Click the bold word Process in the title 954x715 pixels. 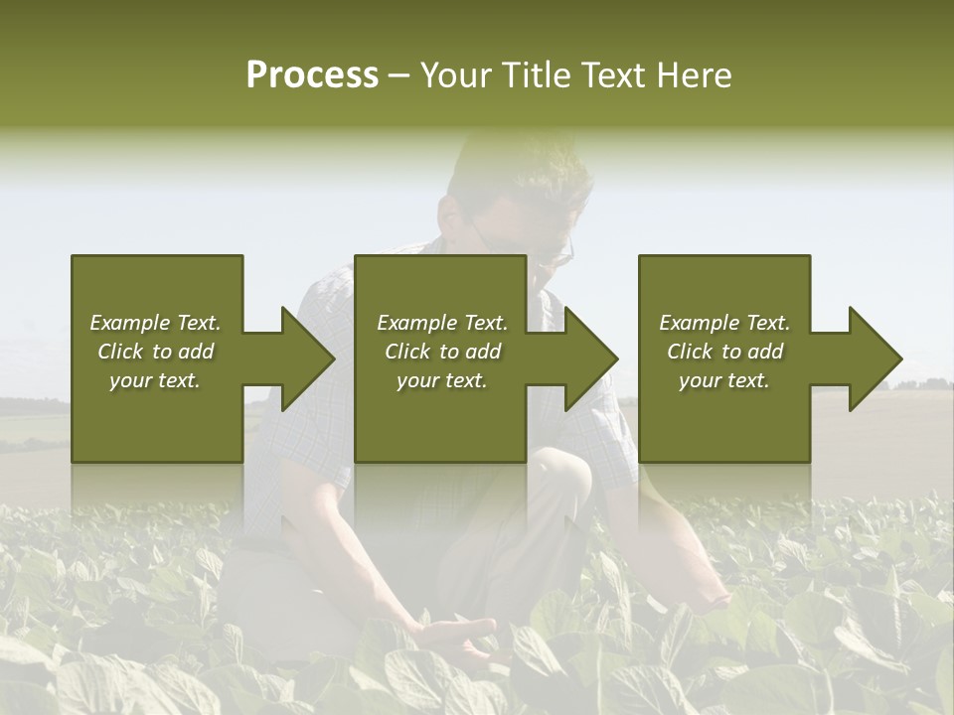(x=312, y=75)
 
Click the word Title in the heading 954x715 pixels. (x=534, y=75)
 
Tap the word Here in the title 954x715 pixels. (x=694, y=75)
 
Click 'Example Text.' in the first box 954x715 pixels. (x=155, y=323)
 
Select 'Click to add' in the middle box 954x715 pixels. (x=442, y=352)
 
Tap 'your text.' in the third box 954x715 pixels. (x=723, y=380)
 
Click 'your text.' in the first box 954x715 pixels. (x=155, y=380)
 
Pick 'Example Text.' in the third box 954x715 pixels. (x=723, y=323)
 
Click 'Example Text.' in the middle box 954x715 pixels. (x=442, y=323)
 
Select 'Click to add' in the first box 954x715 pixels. (x=155, y=352)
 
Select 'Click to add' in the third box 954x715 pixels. (x=723, y=352)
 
